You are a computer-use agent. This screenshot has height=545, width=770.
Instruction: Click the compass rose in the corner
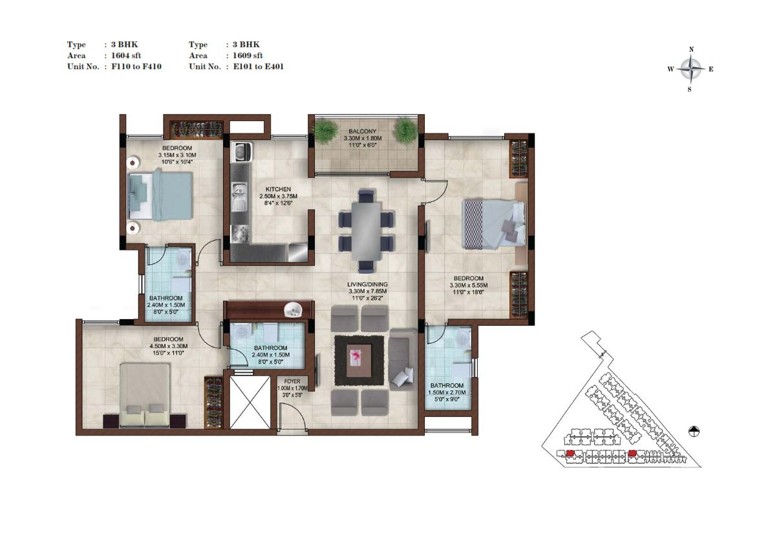click(x=690, y=69)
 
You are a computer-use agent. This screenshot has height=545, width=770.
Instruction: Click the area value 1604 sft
click(x=125, y=56)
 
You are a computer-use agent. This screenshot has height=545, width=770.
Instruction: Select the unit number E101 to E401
click(x=258, y=66)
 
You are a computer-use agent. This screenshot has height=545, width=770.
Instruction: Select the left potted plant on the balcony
click(x=326, y=131)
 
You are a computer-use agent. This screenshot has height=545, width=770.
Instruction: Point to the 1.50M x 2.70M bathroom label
click(x=446, y=392)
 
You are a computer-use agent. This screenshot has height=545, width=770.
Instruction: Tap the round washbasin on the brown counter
click(x=293, y=310)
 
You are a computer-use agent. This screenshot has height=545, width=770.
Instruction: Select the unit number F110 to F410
click(x=136, y=66)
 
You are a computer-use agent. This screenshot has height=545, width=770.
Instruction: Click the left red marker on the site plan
click(x=570, y=452)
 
